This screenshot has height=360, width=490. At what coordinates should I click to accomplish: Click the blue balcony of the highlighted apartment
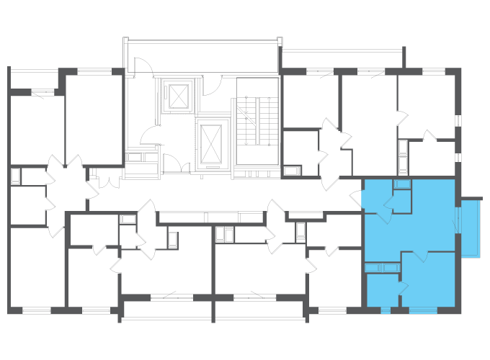click(471, 227)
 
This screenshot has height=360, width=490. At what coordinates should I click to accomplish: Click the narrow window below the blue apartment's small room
click(385, 310)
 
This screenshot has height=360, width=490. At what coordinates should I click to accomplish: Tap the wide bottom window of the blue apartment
click(423, 310)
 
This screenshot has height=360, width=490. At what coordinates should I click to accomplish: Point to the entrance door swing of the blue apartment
click(357, 198)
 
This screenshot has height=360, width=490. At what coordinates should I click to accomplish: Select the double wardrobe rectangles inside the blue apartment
click(382, 268)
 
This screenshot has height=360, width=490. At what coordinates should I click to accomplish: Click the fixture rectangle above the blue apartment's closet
click(402, 184)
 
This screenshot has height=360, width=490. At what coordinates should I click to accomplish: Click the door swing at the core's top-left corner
click(142, 66)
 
